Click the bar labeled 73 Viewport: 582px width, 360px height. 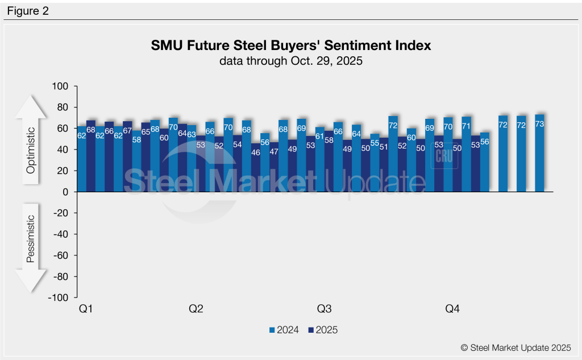point(539,154)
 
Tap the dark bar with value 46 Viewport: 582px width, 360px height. point(256,168)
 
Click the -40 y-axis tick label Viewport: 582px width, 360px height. point(61,234)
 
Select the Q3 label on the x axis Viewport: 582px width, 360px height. point(324,309)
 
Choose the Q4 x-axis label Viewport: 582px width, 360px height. point(452,309)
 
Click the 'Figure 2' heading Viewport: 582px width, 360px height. point(28,10)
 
